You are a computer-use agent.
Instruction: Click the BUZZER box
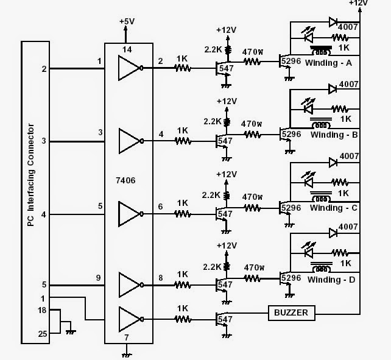291,313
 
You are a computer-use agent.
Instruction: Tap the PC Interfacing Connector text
30,176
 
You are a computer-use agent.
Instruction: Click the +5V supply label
127,21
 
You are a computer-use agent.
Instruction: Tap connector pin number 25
43,333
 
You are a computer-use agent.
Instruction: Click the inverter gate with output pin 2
131,68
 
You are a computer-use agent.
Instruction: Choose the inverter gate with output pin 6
131,214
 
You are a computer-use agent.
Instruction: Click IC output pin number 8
161,277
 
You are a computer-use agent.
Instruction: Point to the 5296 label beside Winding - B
291,133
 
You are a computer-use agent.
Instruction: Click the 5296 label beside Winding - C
291,207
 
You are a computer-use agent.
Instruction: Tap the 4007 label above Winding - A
348,27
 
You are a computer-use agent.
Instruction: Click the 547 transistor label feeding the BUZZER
225,319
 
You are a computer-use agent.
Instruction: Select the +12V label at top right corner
359,4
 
